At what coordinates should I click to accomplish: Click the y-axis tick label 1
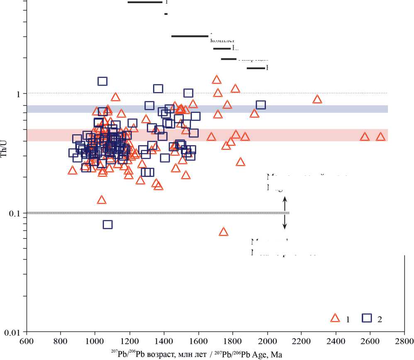(x=18, y=94)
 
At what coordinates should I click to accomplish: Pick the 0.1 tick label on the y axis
(x=16, y=213)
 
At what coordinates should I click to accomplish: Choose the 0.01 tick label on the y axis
(x=14, y=333)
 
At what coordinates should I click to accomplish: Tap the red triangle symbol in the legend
(x=335, y=318)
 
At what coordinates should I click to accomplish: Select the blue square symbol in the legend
(x=367, y=318)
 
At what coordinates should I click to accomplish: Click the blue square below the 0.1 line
(x=108, y=224)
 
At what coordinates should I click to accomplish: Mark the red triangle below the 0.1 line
(x=224, y=232)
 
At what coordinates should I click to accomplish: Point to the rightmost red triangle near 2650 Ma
(x=380, y=137)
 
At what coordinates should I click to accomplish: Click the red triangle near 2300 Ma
(x=317, y=99)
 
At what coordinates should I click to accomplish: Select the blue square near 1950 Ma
(x=261, y=105)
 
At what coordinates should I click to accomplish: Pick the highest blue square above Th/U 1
(x=102, y=81)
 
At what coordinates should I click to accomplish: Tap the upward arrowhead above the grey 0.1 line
(x=285, y=199)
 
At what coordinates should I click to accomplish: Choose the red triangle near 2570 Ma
(x=365, y=137)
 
